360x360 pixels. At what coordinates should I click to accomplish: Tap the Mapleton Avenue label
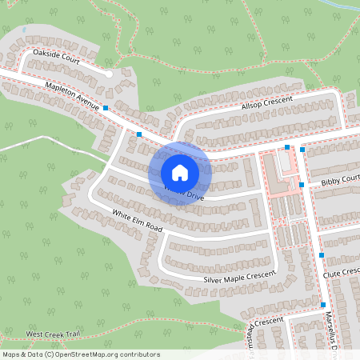[x=72, y=94]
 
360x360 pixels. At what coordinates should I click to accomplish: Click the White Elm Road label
[x=137, y=222]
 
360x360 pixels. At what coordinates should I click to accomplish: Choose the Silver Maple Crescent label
[x=239, y=277]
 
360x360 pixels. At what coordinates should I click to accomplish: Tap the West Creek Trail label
[x=53, y=334]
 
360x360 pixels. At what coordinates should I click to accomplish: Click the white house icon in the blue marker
[x=180, y=172]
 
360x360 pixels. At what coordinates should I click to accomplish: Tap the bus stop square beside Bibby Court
[x=302, y=185]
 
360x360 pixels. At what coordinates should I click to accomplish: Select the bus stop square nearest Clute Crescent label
[x=322, y=255]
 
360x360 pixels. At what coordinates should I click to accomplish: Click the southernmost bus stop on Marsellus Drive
[x=323, y=305]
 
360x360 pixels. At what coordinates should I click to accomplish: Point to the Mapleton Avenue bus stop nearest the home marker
[x=139, y=134]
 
